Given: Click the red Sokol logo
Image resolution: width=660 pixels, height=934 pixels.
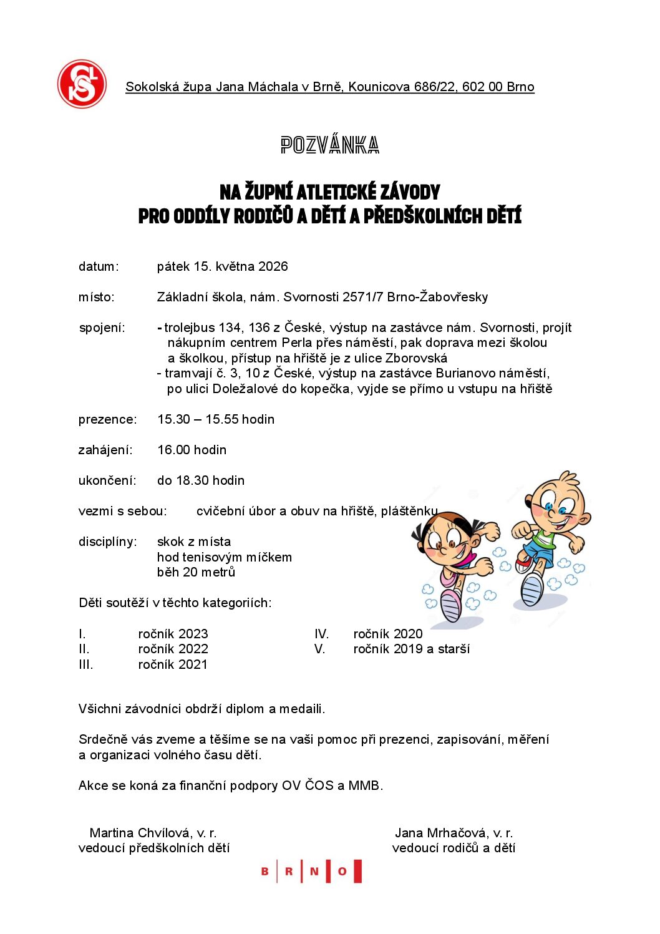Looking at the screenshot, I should [x=82, y=84].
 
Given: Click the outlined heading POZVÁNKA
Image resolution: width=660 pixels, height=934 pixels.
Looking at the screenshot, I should [x=329, y=145].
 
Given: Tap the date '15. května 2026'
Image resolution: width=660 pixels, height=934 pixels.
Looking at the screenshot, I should [x=241, y=266].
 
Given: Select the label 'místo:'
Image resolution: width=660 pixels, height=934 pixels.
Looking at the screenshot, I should [x=97, y=297].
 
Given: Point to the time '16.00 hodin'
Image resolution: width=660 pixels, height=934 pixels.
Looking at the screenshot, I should [x=192, y=450].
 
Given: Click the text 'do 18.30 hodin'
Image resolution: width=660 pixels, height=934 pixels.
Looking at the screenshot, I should [x=200, y=480].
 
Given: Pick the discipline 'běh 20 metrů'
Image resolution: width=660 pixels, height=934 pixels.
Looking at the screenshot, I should [x=196, y=572].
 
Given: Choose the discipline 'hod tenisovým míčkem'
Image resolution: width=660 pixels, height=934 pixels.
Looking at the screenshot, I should [x=224, y=557].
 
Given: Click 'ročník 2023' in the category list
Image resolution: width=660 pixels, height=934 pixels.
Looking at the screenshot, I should [x=173, y=634].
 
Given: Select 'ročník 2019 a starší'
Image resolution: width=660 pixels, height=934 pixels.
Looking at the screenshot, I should [x=411, y=649].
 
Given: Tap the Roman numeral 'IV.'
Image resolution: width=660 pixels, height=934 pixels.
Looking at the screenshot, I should [x=321, y=634].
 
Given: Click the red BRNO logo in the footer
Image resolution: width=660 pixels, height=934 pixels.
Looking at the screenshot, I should [x=311, y=871].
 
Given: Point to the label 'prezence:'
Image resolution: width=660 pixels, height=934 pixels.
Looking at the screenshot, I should [x=107, y=419].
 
